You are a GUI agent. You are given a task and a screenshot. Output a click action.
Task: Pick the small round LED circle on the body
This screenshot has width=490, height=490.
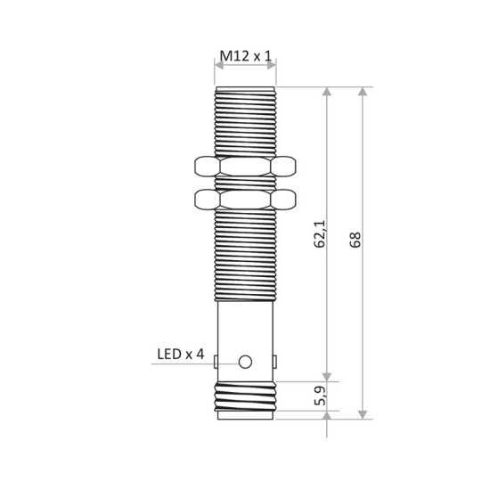tap(246, 362)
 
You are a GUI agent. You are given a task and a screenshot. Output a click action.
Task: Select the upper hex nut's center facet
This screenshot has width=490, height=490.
tap(245, 167)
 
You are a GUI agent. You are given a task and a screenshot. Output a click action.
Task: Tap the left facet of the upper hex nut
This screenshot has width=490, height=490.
tap(204, 167)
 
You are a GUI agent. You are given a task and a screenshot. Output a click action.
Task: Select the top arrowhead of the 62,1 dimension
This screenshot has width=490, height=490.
tap(330, 93)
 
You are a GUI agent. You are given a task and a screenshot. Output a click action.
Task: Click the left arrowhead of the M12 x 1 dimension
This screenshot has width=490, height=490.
tap(219, 67)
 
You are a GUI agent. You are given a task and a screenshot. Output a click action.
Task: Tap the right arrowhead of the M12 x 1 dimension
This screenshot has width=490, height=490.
tap(273, 67)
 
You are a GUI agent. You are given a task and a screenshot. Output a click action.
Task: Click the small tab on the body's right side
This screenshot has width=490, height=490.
tap(276, 361)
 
